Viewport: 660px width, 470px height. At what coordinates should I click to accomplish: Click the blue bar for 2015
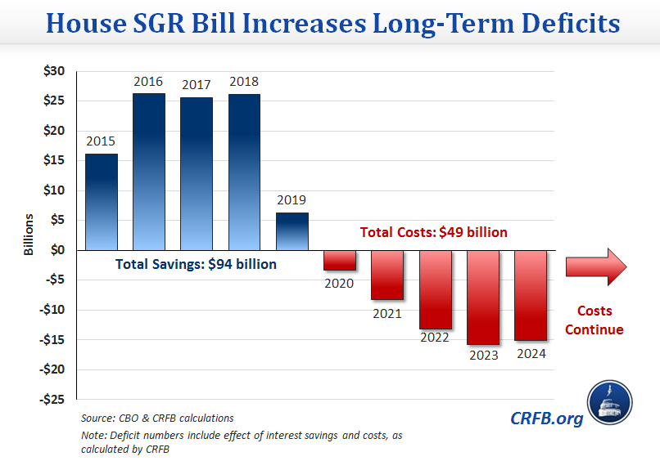click(x=101, y=202)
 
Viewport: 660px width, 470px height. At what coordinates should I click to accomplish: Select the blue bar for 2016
click(x=148, y=172)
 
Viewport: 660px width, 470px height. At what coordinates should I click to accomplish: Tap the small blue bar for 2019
click(x=292, y=231)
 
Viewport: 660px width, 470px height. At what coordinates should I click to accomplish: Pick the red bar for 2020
click(x=339, y=260)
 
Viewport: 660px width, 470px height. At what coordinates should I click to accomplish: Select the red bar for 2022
click(x=435, y=289)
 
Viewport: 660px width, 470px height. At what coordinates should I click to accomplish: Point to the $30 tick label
click(x=53, y=71)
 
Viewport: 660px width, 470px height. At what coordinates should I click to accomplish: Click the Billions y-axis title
click(x=29, y=235)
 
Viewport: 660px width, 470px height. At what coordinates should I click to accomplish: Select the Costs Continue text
click(x=594, y=320)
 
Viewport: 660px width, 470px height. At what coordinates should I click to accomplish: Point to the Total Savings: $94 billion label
click(x=196, y=264)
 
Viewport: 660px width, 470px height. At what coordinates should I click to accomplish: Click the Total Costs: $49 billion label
click(x=434, y=232)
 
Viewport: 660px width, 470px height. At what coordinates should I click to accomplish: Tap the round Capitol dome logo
click(x=610, y=403)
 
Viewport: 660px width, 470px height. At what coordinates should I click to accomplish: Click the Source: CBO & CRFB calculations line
click(x=157, y=419)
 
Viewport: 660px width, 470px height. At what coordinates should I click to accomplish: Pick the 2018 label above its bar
click(x=244, y=82)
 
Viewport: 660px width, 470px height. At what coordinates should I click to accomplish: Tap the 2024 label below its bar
click(x=531, y=354)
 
